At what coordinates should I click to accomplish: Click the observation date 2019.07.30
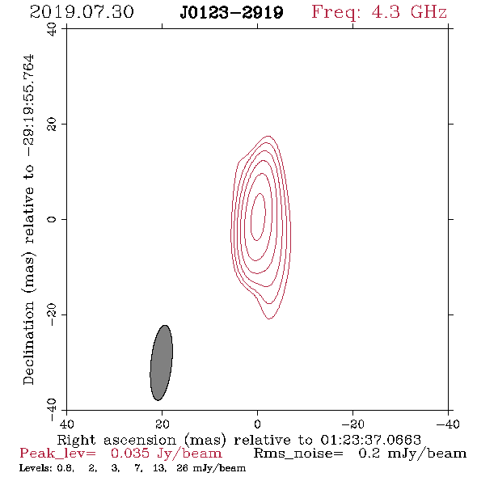pos(82,12)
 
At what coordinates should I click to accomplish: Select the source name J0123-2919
pos(231,13)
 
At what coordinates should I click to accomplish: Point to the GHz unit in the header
pos(428,12)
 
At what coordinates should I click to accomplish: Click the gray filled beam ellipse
pos(162,363)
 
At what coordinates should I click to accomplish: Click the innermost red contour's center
pos(258,217)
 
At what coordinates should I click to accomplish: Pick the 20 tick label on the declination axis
pos(52,125)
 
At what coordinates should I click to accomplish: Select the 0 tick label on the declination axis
pos(52,219)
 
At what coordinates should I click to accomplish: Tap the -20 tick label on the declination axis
pos(52,314)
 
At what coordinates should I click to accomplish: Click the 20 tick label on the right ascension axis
pos(163,424)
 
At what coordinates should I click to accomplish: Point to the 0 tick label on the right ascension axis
pos(257,424)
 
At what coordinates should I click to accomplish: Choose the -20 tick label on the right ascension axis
pos(352,424)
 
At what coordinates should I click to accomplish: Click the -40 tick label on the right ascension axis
pos(448,424)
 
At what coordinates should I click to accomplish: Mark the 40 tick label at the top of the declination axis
pos(52,29)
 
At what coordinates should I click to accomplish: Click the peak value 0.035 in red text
pos(130,454)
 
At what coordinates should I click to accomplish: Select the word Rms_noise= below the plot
pos(298,454)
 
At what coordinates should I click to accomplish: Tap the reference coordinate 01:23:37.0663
pos(370,440)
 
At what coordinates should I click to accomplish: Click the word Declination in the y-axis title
pos(28,343)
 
